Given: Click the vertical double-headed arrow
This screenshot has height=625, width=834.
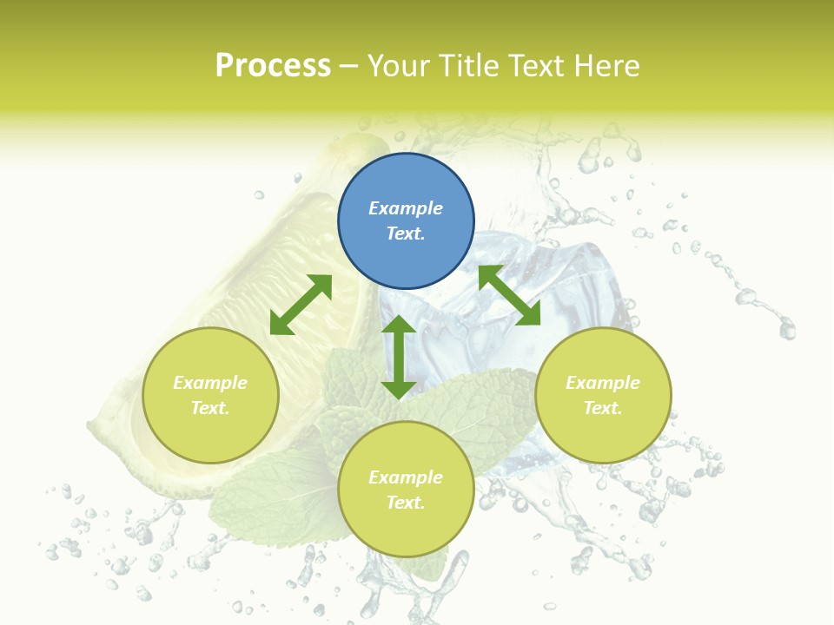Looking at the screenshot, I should [x=399, y=357].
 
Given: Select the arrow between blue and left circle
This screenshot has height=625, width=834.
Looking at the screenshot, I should [x=301, y=305].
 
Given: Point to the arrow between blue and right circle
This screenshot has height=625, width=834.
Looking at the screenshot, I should [x=509, y=295].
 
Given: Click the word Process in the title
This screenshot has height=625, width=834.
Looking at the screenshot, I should [x=273, y=66].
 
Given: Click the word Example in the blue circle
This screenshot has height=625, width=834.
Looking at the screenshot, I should [x=406, y=208].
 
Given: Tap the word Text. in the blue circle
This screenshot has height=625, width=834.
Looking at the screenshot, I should [x=406, y=234].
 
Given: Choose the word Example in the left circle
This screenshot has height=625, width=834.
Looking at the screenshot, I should [x=210, y=383].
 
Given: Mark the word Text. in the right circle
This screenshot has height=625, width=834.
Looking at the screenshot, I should [x=603, y=408].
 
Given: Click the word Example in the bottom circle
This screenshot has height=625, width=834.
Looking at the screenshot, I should [x=406, y=477].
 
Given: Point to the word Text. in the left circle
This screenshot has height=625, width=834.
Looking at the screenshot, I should [x=210, y=408].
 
